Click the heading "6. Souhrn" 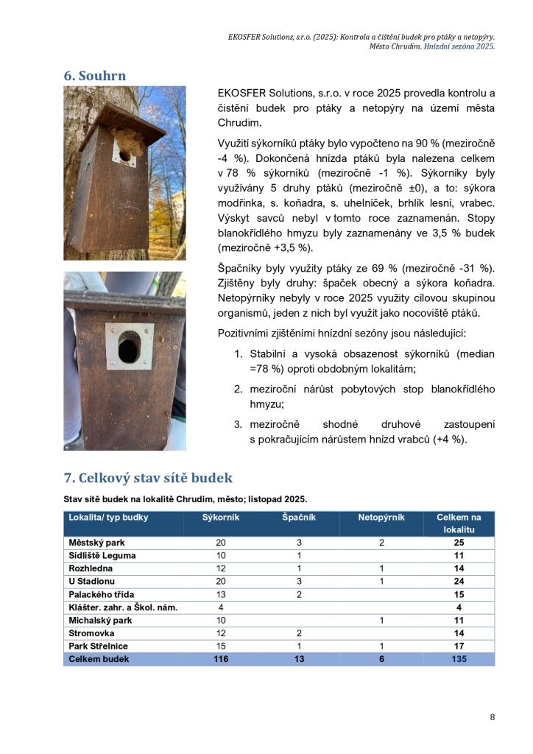(x=94, y=76)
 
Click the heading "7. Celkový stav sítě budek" (x=148, y=477)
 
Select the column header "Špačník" (x=299, y=517)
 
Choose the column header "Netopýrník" (x=381, y=517)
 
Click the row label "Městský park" (x=96, y=543)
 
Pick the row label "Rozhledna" (x=91, y=569)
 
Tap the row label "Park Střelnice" (x=98, y=646)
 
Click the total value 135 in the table (x=459, y=659)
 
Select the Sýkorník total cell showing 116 (x=221, y=659)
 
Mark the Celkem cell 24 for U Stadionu (x=459, y=582)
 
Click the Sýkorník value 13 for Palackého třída (x=221, y=594)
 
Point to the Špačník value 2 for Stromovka (x=300, y=633)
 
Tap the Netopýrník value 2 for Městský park (x=381, y=543)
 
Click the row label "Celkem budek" (x=99, y=659)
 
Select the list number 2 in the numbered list (x=239, y=389)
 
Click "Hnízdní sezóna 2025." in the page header (x=459, y=46)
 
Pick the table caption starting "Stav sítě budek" (x=185, y=499)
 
